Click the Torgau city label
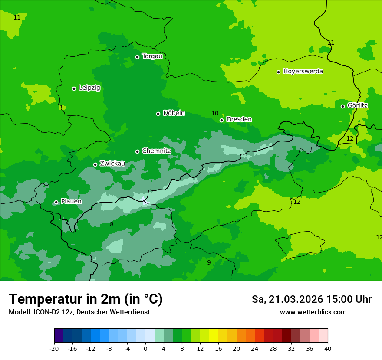(x=152, y=56)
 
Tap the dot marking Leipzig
(x=74, y=88)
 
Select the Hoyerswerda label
(x=303, y=71)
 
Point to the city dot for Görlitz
(x=342, y=106)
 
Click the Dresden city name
(x=239, y=119)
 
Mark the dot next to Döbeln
(x=158, y=114)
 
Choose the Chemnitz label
(x=156, y=151)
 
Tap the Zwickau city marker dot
(x=95, y=164)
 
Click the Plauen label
(x=71, y=201)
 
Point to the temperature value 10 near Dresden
(x=215, y=113)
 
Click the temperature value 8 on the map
(x=112, y=224)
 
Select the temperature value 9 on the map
(x=209, y=262)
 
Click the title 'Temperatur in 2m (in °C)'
(x=86, y=299)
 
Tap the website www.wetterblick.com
(x=313, y=312)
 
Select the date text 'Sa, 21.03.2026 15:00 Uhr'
(x=311, y=299)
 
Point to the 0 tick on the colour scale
(x=145, y=348)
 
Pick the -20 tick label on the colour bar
(x=54, y=348)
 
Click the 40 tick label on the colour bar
(x=328, y=348)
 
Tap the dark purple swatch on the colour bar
(x=59, y=336)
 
